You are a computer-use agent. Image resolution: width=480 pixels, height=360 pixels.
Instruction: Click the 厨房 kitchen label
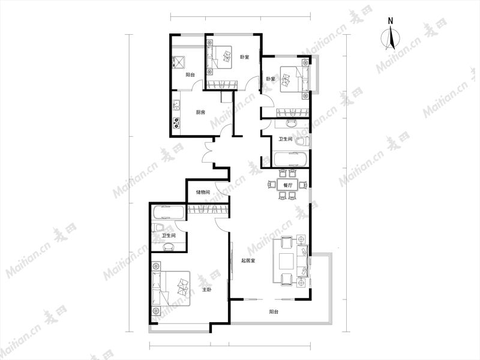click(x=200, y=112)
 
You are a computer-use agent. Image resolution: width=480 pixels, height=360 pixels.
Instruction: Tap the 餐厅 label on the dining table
click(x=287, y=185)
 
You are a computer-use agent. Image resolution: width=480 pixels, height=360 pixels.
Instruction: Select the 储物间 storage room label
click(x=203, y=193)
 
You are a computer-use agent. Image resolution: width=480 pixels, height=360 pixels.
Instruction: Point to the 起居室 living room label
click(x=248, y=261)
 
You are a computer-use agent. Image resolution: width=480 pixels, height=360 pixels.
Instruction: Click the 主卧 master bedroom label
click(x=206, y=289)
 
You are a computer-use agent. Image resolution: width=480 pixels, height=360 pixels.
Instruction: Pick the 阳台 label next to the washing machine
click(x=190, y=74)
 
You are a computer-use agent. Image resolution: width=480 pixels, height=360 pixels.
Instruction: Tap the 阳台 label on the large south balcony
click(x=274, y=312)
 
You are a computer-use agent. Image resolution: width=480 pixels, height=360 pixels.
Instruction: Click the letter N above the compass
click(x=391, y=21)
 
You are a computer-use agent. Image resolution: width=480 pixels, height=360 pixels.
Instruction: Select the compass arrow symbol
click(x=391, y=38)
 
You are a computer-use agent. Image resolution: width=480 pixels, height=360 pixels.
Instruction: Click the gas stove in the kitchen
click(x=176, y=122)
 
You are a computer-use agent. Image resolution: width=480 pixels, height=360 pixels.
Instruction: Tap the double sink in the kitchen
click(x=176, y=105)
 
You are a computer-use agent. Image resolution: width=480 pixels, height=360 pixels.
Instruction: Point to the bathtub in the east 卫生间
click(x=291, y=159)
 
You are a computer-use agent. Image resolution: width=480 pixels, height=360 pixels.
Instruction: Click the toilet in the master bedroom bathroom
click(x=158, y=228)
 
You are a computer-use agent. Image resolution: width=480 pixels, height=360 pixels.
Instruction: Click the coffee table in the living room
click(x=287, y=261)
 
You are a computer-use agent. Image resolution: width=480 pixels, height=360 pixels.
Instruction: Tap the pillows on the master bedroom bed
click(x=183, y=287)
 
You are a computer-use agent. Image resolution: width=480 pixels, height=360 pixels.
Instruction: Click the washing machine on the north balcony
click(x=178, y=62)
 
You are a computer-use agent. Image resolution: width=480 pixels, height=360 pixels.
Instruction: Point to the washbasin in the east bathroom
click(x=291, y=123)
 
